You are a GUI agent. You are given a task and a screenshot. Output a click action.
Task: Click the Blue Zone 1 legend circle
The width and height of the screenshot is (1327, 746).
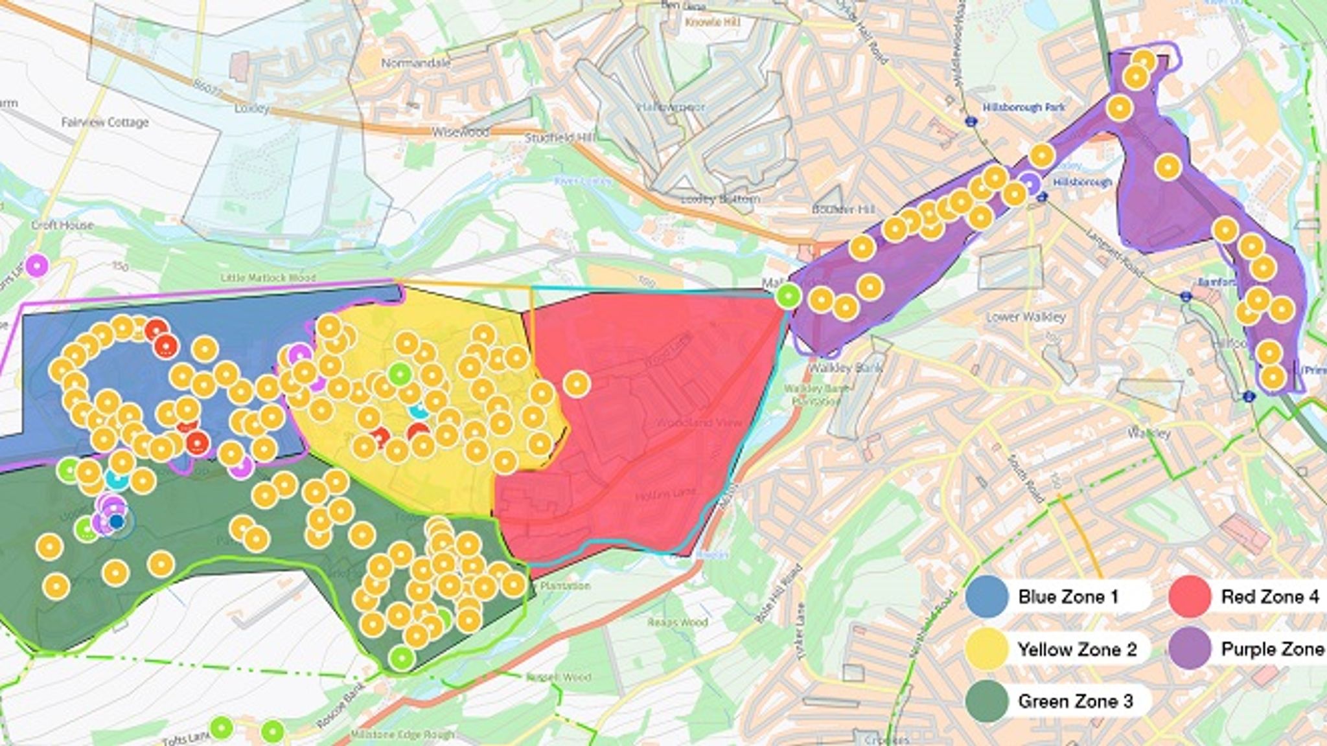pos(987,596)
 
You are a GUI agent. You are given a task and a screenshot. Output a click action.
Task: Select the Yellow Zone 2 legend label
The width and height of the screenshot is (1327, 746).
pos(1077,649)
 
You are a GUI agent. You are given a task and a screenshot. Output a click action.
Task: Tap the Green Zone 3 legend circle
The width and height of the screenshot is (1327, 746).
pos(987,701)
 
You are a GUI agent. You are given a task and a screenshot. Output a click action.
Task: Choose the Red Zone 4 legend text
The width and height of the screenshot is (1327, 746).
pos(1269,596)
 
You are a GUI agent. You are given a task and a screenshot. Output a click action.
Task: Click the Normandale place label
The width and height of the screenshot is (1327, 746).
pos(415,63)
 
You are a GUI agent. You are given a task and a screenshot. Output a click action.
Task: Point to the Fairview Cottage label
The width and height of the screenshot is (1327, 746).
pos(105,122)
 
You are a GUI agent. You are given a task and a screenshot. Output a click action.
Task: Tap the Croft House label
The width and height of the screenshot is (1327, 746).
pos(62,225)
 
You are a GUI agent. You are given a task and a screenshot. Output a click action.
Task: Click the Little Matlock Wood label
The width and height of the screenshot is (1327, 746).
pos(268,278)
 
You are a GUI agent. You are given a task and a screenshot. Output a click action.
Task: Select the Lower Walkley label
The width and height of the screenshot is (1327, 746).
pos(1026,317)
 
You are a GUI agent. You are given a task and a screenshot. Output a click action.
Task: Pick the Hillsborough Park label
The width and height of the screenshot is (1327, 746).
pos(1023,107)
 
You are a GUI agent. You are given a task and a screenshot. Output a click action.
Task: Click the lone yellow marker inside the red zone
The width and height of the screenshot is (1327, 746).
pos(576,384)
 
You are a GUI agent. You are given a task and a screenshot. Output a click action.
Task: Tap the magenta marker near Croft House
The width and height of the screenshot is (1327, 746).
pos(36,265)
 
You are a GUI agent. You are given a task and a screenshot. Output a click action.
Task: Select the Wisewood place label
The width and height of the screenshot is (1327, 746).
pos(459,132)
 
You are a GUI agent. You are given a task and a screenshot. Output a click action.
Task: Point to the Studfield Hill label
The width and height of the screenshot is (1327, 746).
pos(561,137)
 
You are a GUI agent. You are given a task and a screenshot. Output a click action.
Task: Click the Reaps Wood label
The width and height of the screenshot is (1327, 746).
pos(678,623)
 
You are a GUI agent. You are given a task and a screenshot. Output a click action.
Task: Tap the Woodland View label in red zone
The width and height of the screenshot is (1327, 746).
pos(690,423)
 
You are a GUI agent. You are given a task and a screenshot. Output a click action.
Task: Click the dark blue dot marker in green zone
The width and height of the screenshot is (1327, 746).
pos(117,521)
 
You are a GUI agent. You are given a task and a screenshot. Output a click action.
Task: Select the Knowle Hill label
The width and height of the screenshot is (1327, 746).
pos(713,23)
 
